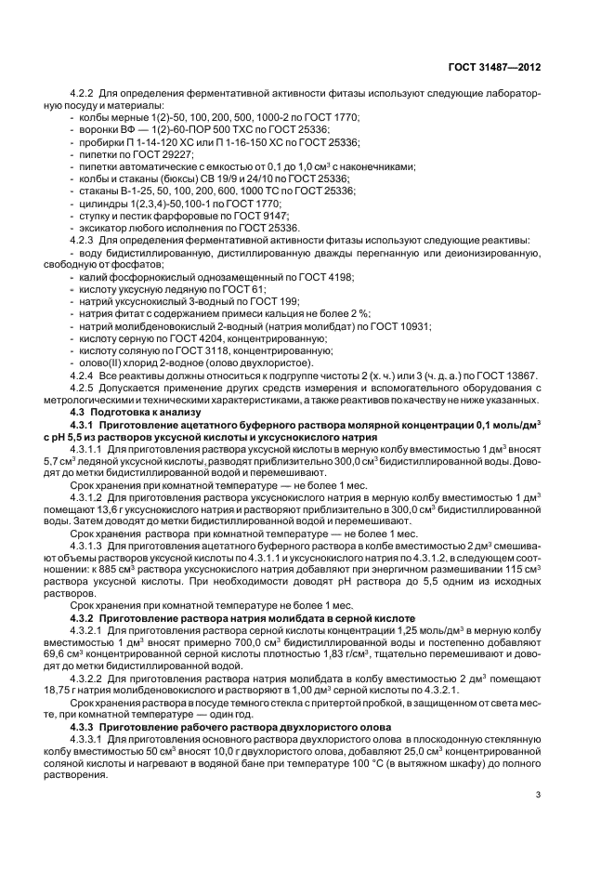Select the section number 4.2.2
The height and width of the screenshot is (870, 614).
[84, 94]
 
